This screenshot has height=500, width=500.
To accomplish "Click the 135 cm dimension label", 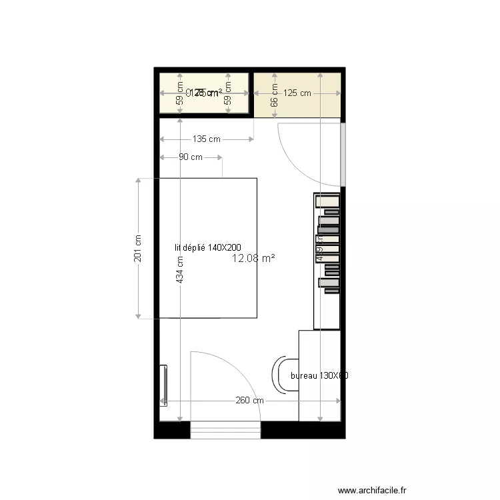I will pos(206,139).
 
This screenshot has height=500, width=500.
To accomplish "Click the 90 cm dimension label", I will pos(191,157).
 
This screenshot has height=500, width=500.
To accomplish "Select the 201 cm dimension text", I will pos(138,248).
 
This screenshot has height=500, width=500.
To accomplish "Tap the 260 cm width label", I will pos(249,401).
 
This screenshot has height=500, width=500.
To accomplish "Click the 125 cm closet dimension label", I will pos(297,93).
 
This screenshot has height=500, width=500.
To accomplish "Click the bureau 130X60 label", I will pos(320,376).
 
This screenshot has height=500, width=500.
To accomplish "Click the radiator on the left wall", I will pos(163,385).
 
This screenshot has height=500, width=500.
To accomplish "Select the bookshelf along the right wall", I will pos(327,260).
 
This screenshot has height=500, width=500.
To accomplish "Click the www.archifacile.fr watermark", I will pos(372,490).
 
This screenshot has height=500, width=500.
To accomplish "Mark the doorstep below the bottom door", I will pos(225,431).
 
